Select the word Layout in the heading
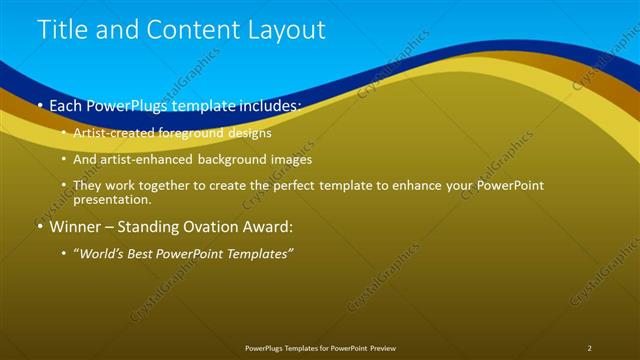point(285,30)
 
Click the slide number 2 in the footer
point(589,348)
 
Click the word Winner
point(75,226)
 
